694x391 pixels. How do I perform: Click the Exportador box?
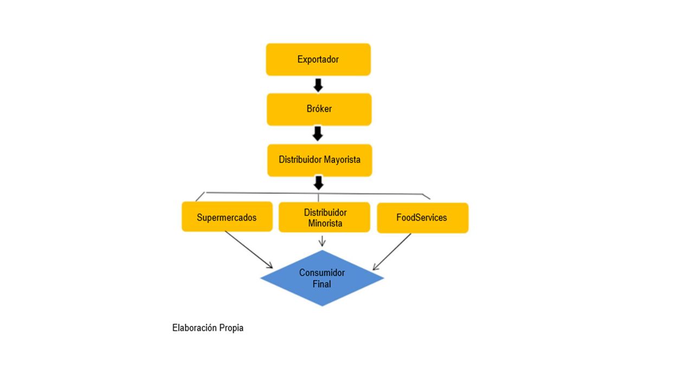[x=318, y=59]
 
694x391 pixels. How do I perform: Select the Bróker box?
[x=319, y=109]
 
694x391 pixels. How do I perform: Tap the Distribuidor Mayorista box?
[x=320, y=160]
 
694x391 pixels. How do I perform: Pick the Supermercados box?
[x=227, y=217]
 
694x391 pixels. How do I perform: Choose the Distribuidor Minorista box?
[x=324, y=217]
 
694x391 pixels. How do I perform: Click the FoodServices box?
[x=422, y=218]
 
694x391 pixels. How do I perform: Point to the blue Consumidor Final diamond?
[x=322, y=278]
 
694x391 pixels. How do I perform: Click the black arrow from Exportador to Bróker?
[x=318, y=85]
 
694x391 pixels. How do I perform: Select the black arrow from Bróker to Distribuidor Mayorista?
[x=318, y=134]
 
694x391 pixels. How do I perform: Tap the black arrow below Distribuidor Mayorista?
[x=318, y=183]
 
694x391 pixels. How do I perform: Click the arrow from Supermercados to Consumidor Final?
[x=249, y=250]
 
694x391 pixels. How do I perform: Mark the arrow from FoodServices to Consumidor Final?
[x=392, y=251]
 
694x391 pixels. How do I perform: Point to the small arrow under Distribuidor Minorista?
[x=322, y=241]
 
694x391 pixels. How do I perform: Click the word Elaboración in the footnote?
[x=195, y=327]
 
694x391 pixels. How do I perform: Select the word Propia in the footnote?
[x=232, y=328]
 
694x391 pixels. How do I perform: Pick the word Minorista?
[x=325, y=223]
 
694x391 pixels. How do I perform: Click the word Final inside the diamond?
[x=322, y=284]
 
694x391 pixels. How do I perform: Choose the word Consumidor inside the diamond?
[x=322, y=273]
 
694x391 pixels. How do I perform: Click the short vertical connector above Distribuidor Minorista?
[x=318, y=198]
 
